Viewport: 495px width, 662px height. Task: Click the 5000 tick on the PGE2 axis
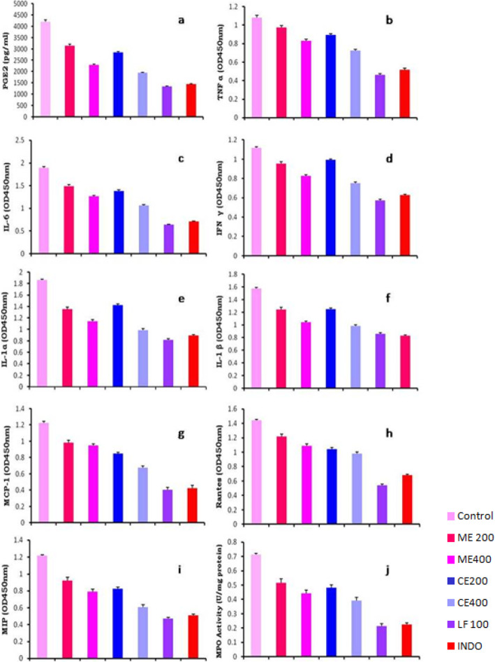pos(21,4)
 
